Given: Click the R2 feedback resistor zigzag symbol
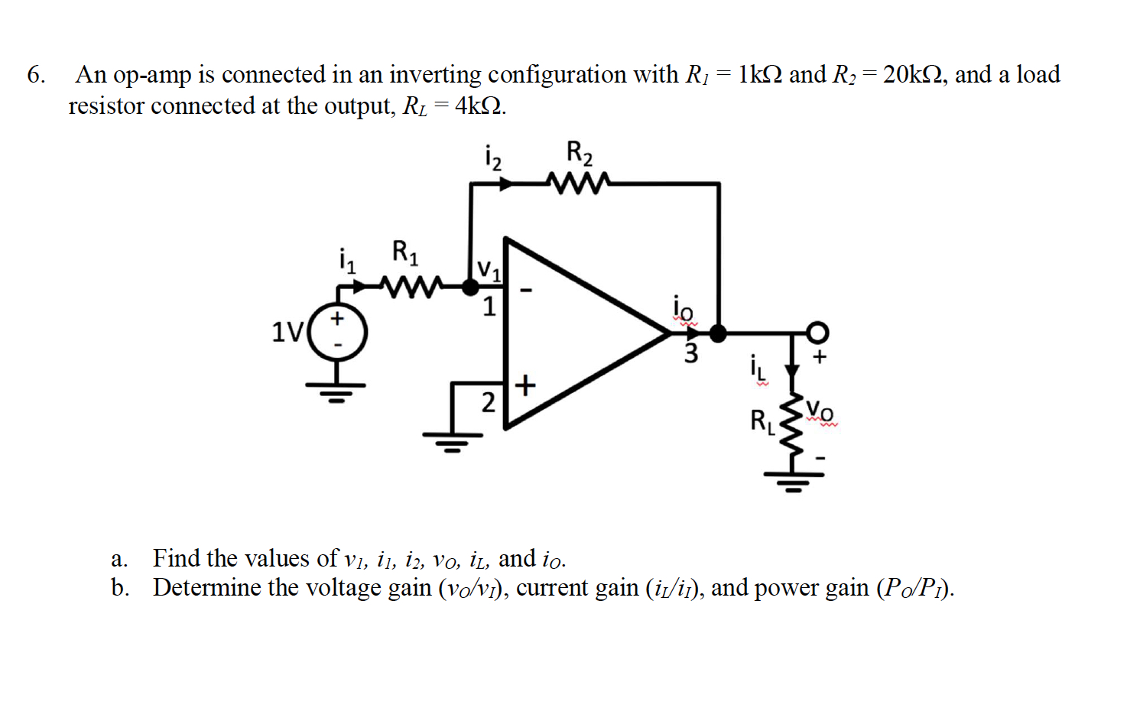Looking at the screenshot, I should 579,183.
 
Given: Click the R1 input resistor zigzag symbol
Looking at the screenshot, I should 411,287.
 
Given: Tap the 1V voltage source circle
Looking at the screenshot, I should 338,333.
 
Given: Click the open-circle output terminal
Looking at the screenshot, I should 817,333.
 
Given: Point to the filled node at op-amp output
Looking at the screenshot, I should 718,333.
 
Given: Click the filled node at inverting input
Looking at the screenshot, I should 471,287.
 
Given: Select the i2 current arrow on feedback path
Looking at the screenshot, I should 505,183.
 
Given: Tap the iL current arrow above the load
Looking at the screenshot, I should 793,372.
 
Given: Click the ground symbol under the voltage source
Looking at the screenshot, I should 336,391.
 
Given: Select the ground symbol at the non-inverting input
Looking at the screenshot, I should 453,441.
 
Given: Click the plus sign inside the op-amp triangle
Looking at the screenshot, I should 525,385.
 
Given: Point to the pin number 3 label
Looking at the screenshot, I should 690,354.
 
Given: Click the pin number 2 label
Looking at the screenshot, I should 488,401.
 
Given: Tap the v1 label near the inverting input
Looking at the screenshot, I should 489,269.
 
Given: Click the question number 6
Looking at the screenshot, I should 35,75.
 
